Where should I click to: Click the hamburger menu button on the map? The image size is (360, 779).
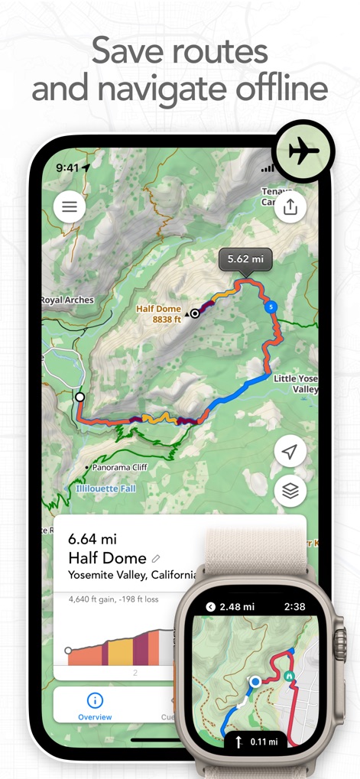click(70, 206)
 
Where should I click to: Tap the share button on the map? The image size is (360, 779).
click(290, 206)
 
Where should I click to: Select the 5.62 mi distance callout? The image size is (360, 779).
click(246, 260)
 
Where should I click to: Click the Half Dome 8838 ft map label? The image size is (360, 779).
click(158, 313)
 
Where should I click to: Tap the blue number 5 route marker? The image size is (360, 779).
click(270, 307)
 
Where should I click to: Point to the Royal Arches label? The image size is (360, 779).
click(67, 300)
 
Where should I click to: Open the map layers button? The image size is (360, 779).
click(290, 491)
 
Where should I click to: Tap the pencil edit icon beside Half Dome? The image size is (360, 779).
click(157, 559)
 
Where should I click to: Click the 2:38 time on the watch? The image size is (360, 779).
click(294, 606)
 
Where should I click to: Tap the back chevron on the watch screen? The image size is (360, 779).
click(211, 607)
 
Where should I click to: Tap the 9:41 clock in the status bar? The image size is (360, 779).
click(67, 167)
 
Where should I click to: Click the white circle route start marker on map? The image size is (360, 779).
click(79, 397)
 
